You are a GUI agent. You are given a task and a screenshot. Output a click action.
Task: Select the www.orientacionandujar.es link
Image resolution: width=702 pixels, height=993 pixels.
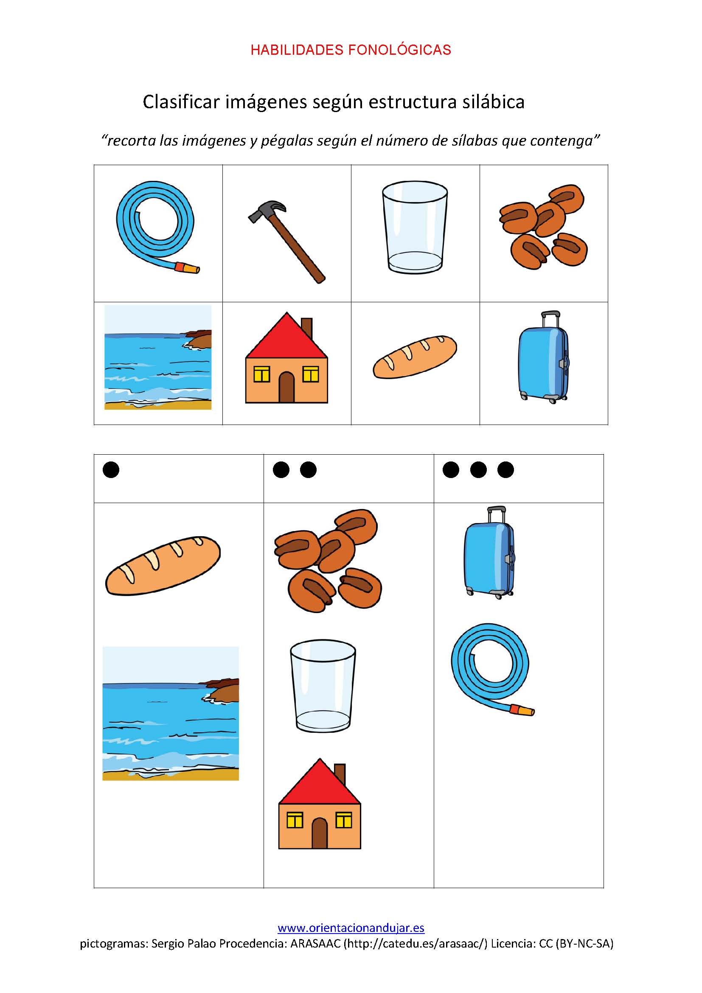coord(351,928)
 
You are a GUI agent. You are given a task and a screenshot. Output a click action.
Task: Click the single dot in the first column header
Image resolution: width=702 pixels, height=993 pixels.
coord(111,470)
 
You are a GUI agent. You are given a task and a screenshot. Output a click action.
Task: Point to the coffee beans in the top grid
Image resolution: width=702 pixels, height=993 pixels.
coord(543,227)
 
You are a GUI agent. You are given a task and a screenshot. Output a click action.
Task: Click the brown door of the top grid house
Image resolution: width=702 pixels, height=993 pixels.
coord(286,388)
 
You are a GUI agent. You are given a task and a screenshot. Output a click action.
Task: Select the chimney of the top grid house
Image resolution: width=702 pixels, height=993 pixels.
coord(307,329)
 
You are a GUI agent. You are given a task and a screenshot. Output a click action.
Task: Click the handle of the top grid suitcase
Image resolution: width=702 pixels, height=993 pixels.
coord(550,320)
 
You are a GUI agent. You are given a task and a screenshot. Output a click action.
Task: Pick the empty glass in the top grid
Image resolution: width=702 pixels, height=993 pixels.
coord(415,227)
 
